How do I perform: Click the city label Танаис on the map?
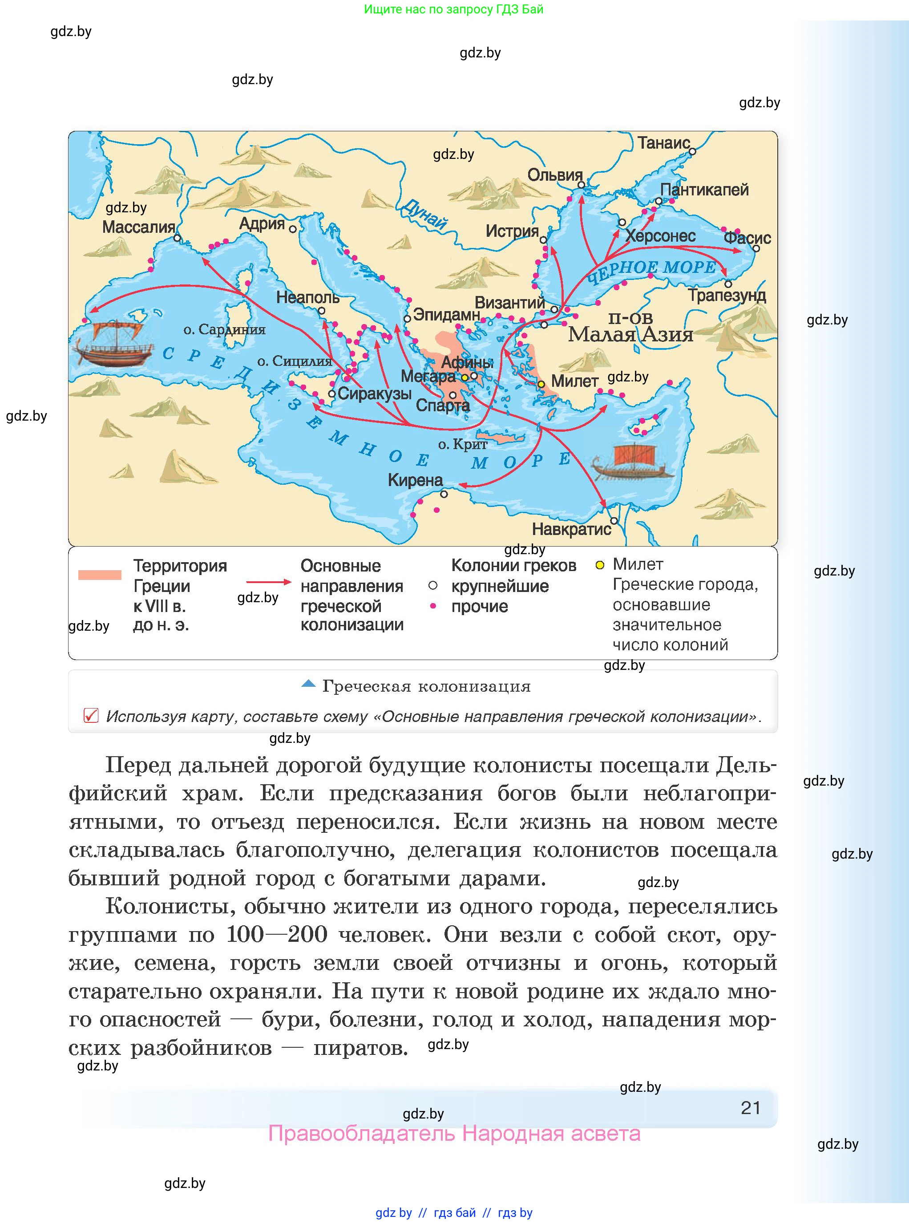pyautogui.click(x=663, y=143)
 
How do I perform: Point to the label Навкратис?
pyautogui.click(x=571, y=530)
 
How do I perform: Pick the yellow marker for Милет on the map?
pyautogui.click(x=541, y=384)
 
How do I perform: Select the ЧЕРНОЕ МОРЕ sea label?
pyautogui.click(x=652, y=271)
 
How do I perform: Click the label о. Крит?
pyautogui.click(x=463, y=444)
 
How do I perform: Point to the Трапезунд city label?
pyautogui.click(x=726, y=296)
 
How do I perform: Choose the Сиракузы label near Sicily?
pyautogui.click(x=374, y=393)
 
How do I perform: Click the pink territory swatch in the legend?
pyautogui.click(x=100, y=575)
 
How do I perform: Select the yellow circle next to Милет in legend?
pyautogui.click(x=600, y=565)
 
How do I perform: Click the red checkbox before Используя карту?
pyautogui.click(x=91, y=715)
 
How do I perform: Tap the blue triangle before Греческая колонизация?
pyautogui.click(x=308, y=684)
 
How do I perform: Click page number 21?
pyautogui.click(x=751, y=1108)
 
